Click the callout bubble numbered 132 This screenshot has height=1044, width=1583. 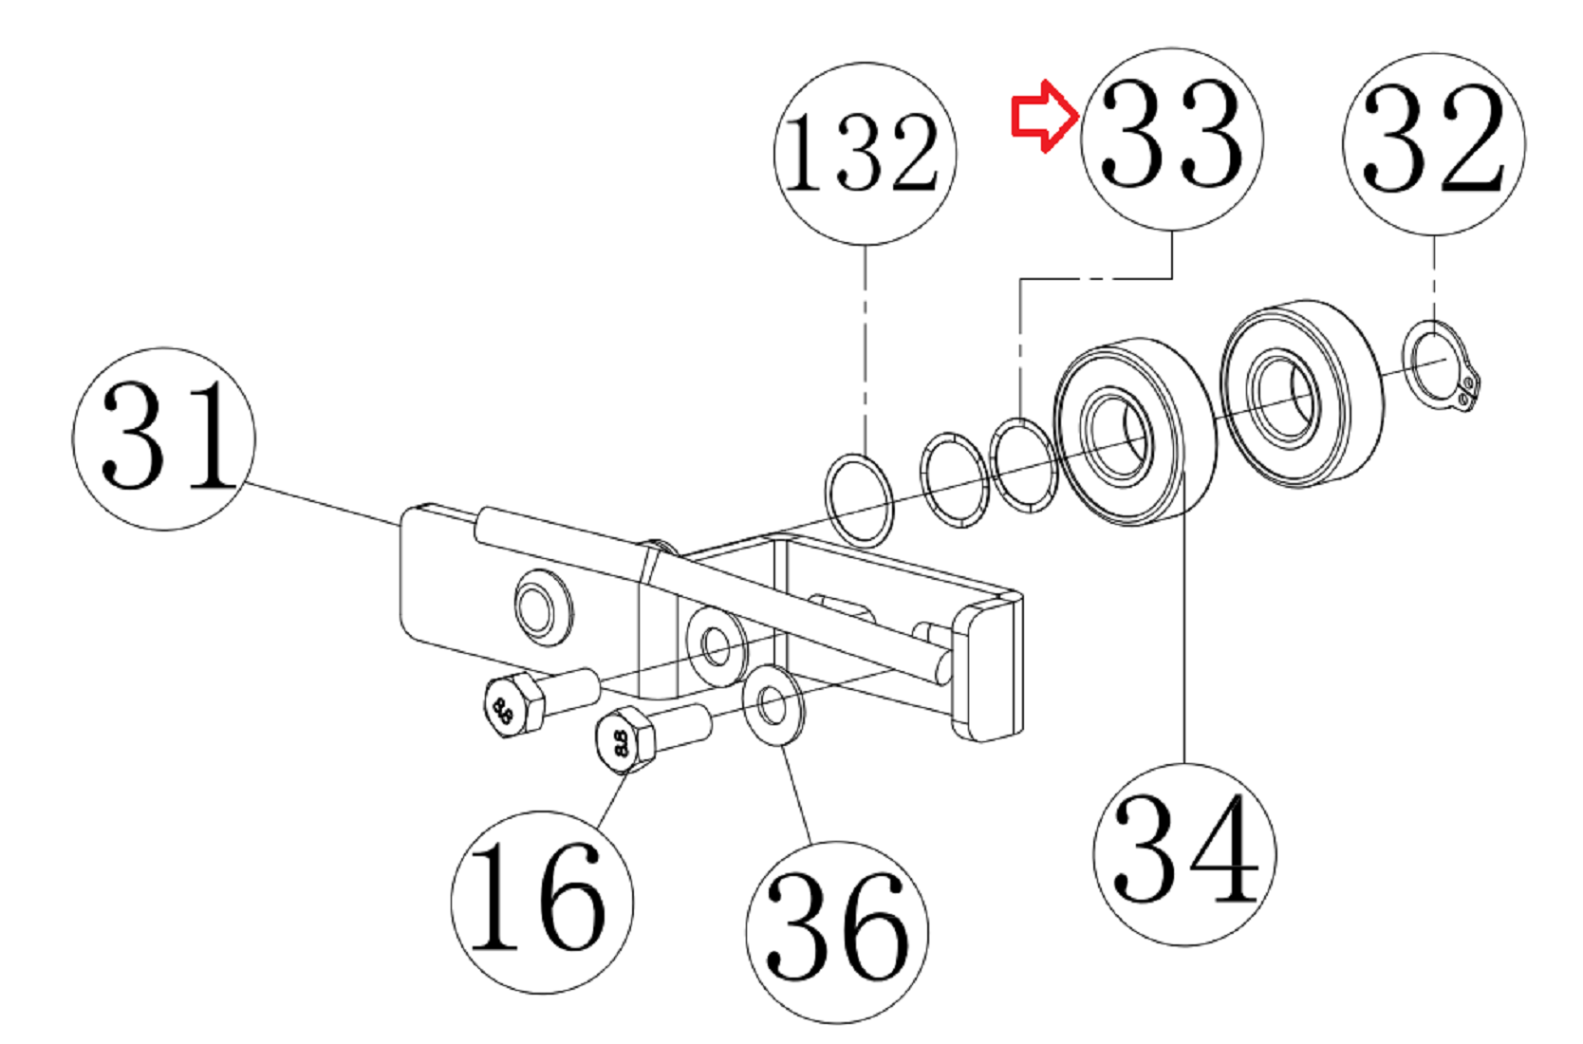865,154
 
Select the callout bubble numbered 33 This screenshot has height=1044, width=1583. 1172,139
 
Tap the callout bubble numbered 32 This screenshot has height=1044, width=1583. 1434,144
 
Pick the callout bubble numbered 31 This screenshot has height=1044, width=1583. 164,438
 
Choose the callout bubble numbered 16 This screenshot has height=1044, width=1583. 542,903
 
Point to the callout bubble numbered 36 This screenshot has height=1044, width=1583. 837,932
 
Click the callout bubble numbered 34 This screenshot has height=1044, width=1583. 1185,854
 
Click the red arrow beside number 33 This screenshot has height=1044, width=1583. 1045,116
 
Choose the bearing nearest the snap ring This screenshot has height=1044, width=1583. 1301,394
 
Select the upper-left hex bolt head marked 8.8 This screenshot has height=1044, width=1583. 513,705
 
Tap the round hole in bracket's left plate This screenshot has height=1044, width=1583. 544,607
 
